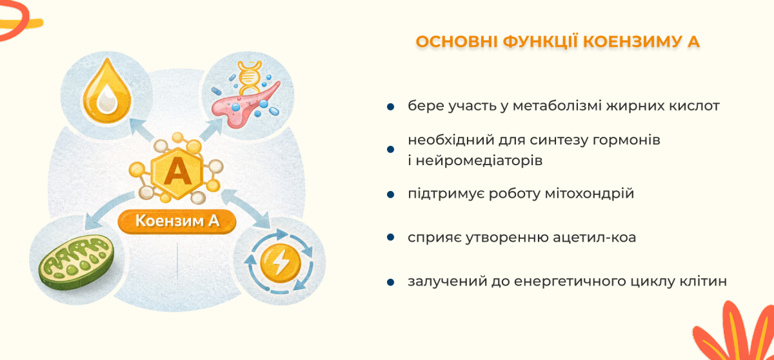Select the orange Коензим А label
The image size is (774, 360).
coord(177,221)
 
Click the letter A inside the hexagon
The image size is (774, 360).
coord(177,171)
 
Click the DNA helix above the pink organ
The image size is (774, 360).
coord(250,77)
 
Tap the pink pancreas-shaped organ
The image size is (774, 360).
coord(244,105)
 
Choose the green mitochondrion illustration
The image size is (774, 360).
coord(76,262)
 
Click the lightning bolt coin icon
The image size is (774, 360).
coord(280,263)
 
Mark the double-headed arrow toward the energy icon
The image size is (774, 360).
coord(246,208)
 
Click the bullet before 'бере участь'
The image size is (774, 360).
coord(390,106)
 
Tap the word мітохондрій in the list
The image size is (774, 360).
coord(590,194)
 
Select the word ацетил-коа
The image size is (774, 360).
coord(594,237)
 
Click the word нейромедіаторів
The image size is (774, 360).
coord(479,161)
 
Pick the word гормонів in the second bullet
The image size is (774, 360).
coord(626,140)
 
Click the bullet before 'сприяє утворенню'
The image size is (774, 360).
coord(390,237)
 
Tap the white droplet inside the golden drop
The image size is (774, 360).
coord(107,99)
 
